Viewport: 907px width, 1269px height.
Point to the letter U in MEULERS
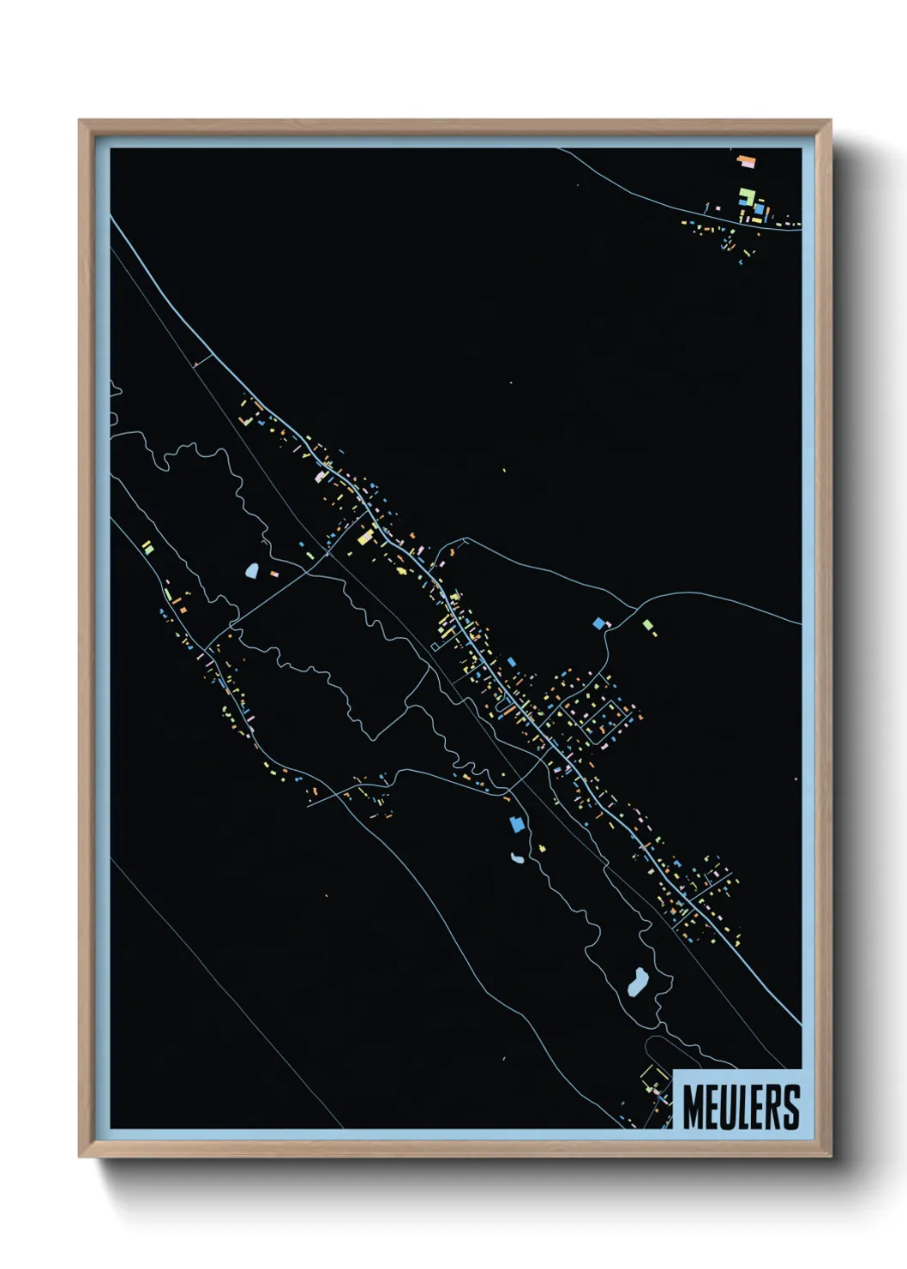[x=725, y=1108]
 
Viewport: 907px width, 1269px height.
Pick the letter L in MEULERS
[x=741, y=1108]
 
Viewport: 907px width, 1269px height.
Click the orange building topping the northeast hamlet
[x=747, y=159]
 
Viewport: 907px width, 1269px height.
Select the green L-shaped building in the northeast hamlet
[x=746, y=196]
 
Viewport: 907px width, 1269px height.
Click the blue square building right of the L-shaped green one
[x=759, y=207]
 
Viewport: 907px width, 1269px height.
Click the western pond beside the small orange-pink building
[x=252, y=569]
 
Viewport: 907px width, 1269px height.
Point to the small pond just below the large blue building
[x=517, y=857]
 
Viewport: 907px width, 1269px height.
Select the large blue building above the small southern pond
[x=516, y=824]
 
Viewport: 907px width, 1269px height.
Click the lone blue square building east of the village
[x=598, y=622]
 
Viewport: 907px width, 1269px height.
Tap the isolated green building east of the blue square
[x=648, y=625]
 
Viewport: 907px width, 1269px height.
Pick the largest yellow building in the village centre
[x=365, y=537]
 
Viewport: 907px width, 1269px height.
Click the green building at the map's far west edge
[x=147, y=546]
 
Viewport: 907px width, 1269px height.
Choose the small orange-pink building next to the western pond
[x=274, y=573]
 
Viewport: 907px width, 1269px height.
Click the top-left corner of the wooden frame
[x=81, y=122]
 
